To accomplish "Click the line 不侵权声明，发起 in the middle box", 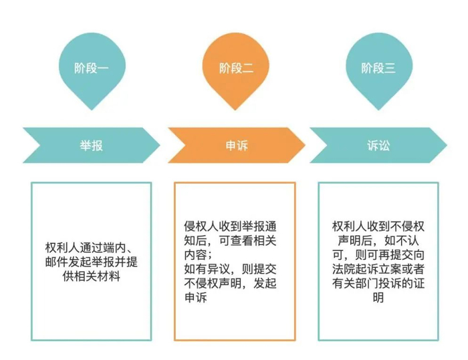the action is tap(233, 284).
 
